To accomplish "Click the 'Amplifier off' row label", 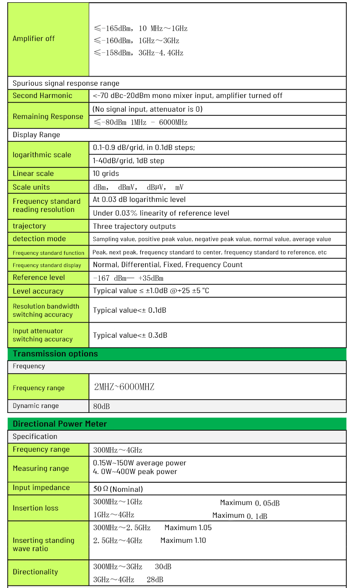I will coord(34,39).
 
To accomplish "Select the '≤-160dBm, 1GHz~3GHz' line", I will coord(140,41).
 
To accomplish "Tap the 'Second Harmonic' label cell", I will coord(42,96).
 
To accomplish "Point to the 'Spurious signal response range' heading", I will coord(66,83).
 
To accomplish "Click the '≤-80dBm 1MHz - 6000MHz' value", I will coord(140,122).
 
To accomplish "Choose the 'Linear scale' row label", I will coord(33,174).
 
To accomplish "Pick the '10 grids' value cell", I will coord(106,174).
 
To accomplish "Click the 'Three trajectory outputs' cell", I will coord(134,227).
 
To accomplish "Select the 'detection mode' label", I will coord(39,239).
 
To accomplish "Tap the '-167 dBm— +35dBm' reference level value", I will coord(128,278).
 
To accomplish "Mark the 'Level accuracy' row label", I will coord(38,291).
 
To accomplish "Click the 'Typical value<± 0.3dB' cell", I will coord(130,335).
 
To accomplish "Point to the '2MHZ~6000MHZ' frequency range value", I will coord(124,387).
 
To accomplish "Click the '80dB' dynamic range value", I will coord(102,406).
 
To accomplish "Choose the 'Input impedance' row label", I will coord(41,488).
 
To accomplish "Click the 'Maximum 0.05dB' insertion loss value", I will coord(250,503).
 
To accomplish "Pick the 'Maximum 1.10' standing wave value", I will coord(183,541).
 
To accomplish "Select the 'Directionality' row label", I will coord(36,572).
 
